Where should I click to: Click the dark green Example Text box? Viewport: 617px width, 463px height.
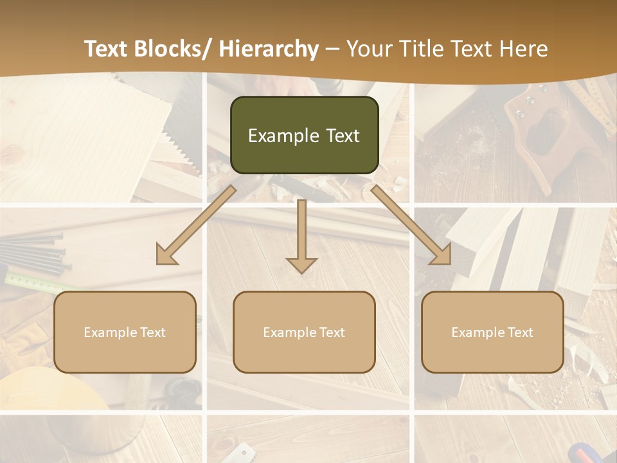(304, 135)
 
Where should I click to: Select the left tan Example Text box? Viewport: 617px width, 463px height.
(125, 332)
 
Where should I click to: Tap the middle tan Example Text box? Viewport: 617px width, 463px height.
(304, 332)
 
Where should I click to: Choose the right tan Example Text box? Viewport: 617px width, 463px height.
(492, 332)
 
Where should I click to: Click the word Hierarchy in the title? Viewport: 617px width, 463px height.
(268, 50)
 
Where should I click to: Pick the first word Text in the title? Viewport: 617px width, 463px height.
(107, 50)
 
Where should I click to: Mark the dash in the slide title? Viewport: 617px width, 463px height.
(332, 50)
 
